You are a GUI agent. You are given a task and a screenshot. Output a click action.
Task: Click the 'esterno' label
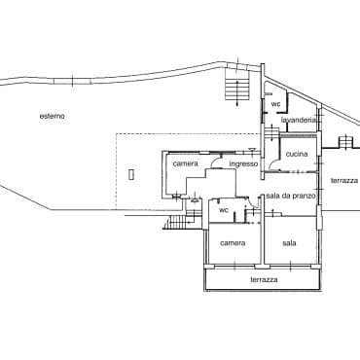pos(53,116)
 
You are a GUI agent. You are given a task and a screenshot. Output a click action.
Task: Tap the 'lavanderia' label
pos(299,120)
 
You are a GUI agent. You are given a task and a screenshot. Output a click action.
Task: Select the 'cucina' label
pos(297,154)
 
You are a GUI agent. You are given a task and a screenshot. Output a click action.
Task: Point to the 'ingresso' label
pos(243,163)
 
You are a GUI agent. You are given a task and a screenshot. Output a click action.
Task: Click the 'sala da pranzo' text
pos(291,196)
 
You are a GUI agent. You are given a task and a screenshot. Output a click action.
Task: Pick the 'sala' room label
pos(289,243)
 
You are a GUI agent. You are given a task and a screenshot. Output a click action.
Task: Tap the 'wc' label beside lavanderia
pos(275,104)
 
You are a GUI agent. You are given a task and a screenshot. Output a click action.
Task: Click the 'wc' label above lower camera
pos(224,210)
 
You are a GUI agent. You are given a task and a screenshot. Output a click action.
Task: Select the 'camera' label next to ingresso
pos(186,163)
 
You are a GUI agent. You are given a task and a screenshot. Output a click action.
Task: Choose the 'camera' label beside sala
pos(233,243)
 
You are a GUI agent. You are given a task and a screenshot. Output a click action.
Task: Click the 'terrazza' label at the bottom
pos(264,279)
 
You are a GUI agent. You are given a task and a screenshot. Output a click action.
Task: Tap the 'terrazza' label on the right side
pos(344,181)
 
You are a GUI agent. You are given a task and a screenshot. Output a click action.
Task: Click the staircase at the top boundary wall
pos(237,86)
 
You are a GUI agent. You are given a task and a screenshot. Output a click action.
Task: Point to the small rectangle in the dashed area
pos(131,174)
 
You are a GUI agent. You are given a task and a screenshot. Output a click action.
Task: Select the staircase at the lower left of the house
pos(177,223)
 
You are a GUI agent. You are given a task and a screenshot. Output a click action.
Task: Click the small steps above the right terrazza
pos(345,142)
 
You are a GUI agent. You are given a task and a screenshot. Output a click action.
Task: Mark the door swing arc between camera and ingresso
pos(215,161)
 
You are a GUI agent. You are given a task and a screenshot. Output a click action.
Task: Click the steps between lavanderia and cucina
pos(271,133)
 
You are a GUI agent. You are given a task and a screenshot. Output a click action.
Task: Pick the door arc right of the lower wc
pos(256,202)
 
